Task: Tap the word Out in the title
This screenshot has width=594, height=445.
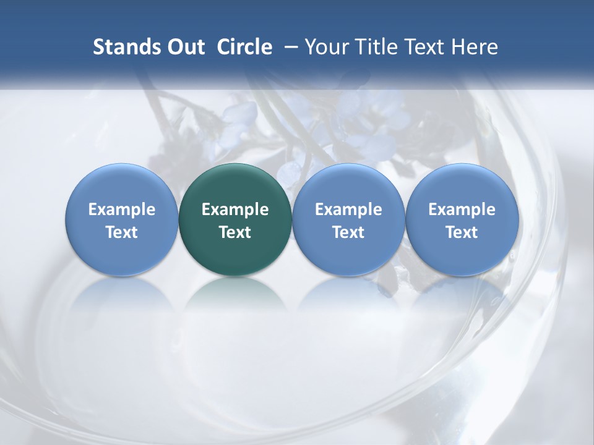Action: tap(184, 47)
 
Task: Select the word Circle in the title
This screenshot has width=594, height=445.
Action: tap(244, 47)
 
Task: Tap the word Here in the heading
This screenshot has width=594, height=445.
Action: tap(475, 47)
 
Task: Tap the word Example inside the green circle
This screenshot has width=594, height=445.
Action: tap(235, 210)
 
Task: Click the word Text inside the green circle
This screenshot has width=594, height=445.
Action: tap(235, 232)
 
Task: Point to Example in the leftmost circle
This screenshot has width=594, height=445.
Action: tap(121, 210)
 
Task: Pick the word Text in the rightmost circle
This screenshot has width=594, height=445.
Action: tap(462, 232)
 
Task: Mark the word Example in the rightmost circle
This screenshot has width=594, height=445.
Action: tap(462, 210)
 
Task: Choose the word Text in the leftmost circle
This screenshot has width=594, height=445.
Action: tap(121, 232)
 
